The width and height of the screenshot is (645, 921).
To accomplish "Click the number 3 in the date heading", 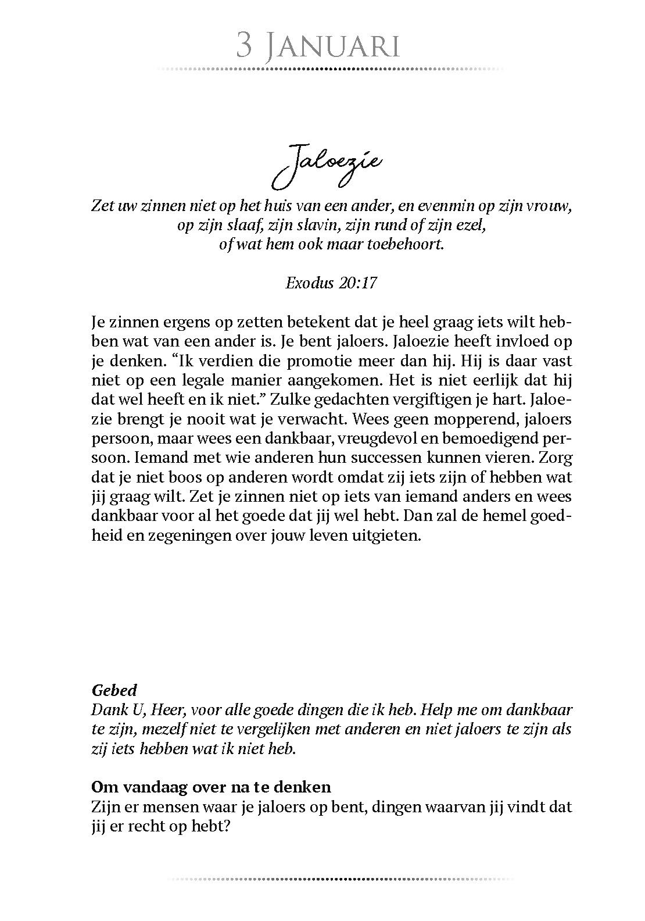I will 244,45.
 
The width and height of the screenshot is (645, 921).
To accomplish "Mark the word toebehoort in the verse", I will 403,244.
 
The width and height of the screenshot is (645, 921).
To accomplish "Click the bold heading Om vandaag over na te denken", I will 211,787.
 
